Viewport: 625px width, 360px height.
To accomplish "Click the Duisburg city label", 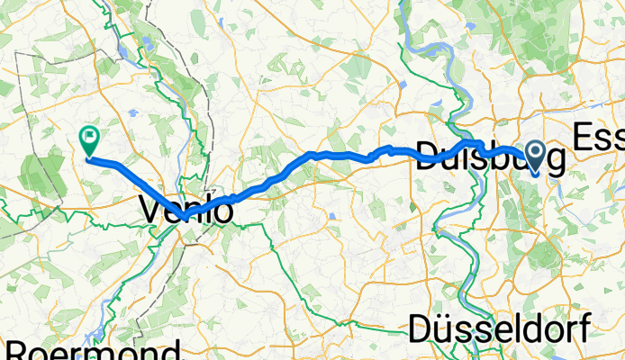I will coord(491,160).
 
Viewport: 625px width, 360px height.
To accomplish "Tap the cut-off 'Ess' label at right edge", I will coord(598,138).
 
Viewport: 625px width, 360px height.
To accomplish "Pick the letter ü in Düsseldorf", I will coord(444,328).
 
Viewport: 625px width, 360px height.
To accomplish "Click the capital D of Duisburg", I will coord(426,160).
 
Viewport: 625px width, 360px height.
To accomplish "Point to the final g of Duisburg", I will coord(555,163).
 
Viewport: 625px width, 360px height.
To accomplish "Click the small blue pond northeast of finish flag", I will coord(132,114).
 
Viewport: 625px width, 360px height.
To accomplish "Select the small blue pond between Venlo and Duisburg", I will coord(332,217).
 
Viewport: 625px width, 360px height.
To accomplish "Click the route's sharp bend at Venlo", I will coord(183,218).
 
